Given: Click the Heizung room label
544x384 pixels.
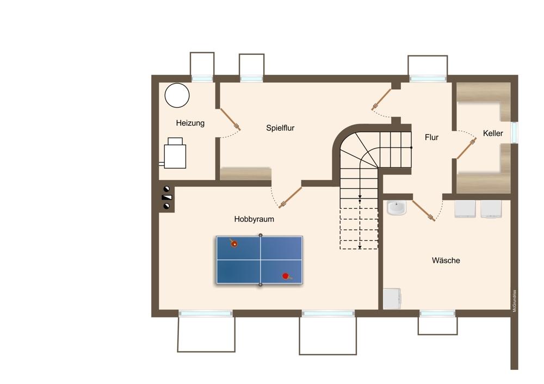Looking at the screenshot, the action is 190,123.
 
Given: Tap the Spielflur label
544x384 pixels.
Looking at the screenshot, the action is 280,128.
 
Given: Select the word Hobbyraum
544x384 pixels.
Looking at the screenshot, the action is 254,219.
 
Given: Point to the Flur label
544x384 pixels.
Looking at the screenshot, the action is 431,138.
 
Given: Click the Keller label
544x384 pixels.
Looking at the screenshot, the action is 493,133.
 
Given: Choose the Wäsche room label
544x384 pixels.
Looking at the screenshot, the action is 446,261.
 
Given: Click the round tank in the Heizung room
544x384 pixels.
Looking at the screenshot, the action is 177,95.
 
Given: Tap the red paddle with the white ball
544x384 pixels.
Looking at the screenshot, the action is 234,243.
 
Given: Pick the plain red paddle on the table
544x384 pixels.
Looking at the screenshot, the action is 286,276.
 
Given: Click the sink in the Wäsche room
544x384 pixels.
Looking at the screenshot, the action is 396,208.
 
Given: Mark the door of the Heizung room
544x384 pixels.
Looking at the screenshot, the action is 230,119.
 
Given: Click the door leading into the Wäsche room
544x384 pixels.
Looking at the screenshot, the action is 423,210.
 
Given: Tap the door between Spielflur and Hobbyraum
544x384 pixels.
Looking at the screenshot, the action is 290,197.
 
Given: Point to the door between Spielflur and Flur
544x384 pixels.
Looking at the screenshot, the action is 381,100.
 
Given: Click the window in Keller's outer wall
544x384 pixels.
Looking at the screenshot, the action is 515,132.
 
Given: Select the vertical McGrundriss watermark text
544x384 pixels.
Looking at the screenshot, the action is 515,301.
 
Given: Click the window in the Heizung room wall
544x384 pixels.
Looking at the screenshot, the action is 202,79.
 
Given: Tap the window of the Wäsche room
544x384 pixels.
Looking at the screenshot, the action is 437,314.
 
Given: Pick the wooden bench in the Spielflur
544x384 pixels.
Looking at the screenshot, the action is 246,174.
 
